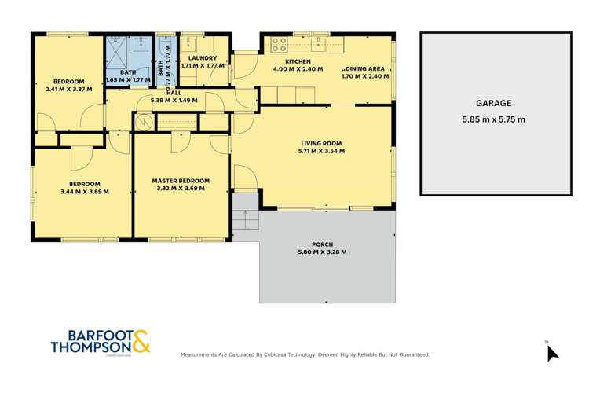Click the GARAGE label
494,103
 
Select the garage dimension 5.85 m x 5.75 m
494,119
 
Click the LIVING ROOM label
322,143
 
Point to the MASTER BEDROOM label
181,180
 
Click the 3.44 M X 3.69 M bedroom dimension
84,191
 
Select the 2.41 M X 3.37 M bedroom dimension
69,90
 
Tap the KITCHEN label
298,61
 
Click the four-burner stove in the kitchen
279,42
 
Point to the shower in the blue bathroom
116,46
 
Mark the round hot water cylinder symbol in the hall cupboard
144,122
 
